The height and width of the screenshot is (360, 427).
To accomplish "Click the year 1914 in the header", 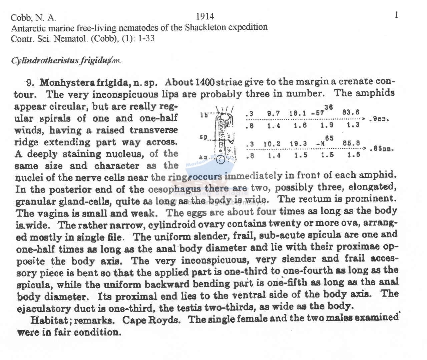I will point(205,16).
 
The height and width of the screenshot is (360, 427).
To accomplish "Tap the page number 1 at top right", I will point(396,15).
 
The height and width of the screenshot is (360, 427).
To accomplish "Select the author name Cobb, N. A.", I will point(33,18).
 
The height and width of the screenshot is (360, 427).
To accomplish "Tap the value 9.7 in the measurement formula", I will point(274,113).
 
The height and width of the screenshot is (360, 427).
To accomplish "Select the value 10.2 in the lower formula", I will point(272,144).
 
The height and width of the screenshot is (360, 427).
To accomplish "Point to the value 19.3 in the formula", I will point(298,144).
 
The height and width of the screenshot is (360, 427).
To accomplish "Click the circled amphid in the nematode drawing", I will point(221,160).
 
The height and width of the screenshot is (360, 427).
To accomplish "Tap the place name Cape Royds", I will point(151,320).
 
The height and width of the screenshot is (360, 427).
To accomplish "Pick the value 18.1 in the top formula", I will point(298,113).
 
